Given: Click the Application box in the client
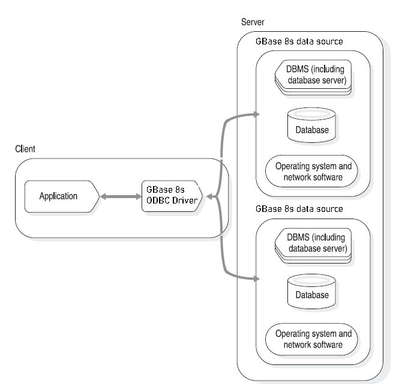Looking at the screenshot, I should [59, 196].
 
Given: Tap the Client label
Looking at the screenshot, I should [25, 148].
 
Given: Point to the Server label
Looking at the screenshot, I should [253, 22].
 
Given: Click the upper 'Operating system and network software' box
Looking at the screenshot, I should [312, 172].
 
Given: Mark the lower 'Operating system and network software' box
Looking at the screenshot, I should [312, 339].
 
